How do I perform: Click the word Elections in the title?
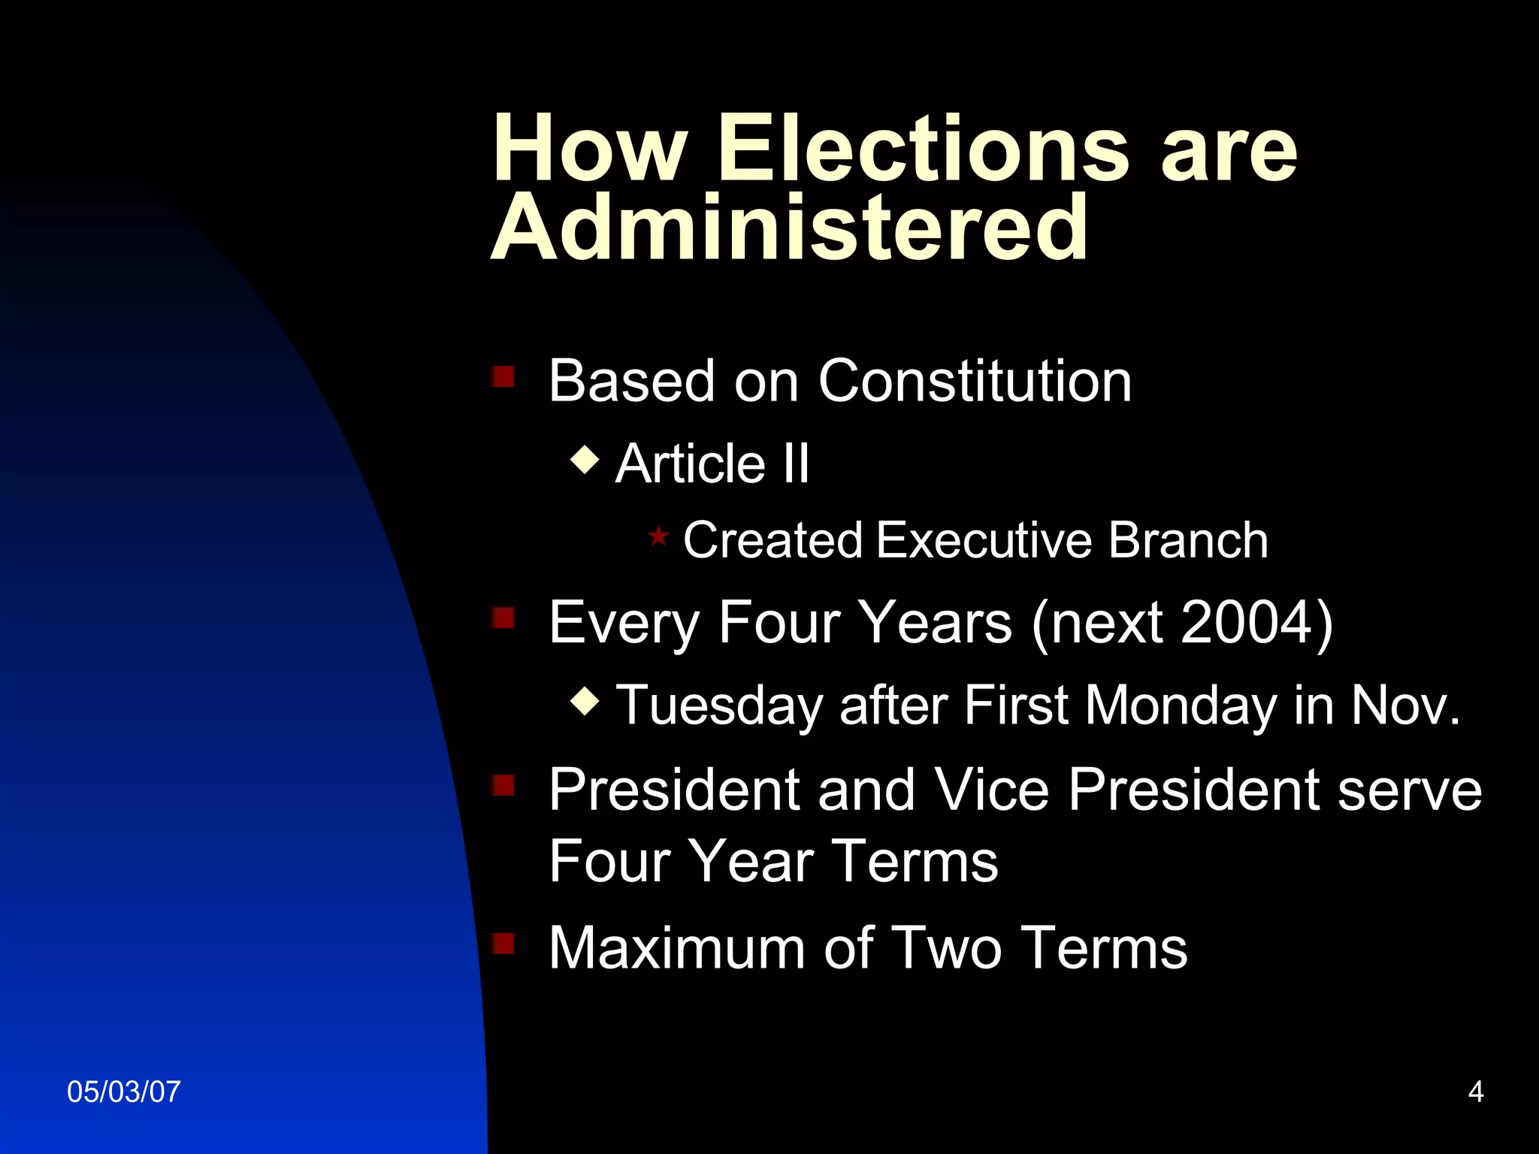[x=924, y=148]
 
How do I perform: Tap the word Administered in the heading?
[x=789, y=227]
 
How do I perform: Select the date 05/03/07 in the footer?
[x=124, y=1092]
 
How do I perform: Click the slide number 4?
[x=1475, y=1092]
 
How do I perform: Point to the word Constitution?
[x=975, y=381]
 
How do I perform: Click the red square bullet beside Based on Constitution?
[x=503, y=376]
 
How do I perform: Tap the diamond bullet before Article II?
[x=585, y=459]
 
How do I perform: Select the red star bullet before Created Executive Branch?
[x=658, y=536]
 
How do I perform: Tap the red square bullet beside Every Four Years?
[x=503, y=618]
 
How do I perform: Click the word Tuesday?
[x=719, y=706]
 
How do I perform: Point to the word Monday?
[x=1181, y=706]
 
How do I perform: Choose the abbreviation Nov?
[x=1405, y=706]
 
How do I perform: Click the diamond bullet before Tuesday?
[x=585, y=702]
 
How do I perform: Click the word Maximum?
[x=677, y=948]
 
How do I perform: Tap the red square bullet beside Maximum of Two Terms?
[x=503, y=943]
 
